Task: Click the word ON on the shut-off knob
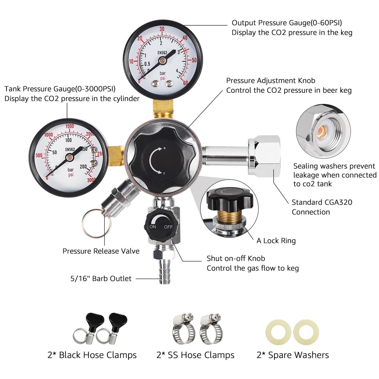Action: (153, 227)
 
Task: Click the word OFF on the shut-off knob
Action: (168, 227)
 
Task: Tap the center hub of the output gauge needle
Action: (163, 60)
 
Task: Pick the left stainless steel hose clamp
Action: (182, 329)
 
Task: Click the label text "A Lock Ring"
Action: (276, 241)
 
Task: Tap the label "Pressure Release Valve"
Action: (101, 251)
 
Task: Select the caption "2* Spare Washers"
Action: (293, 355)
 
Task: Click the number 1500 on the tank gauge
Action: (69, 127)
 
